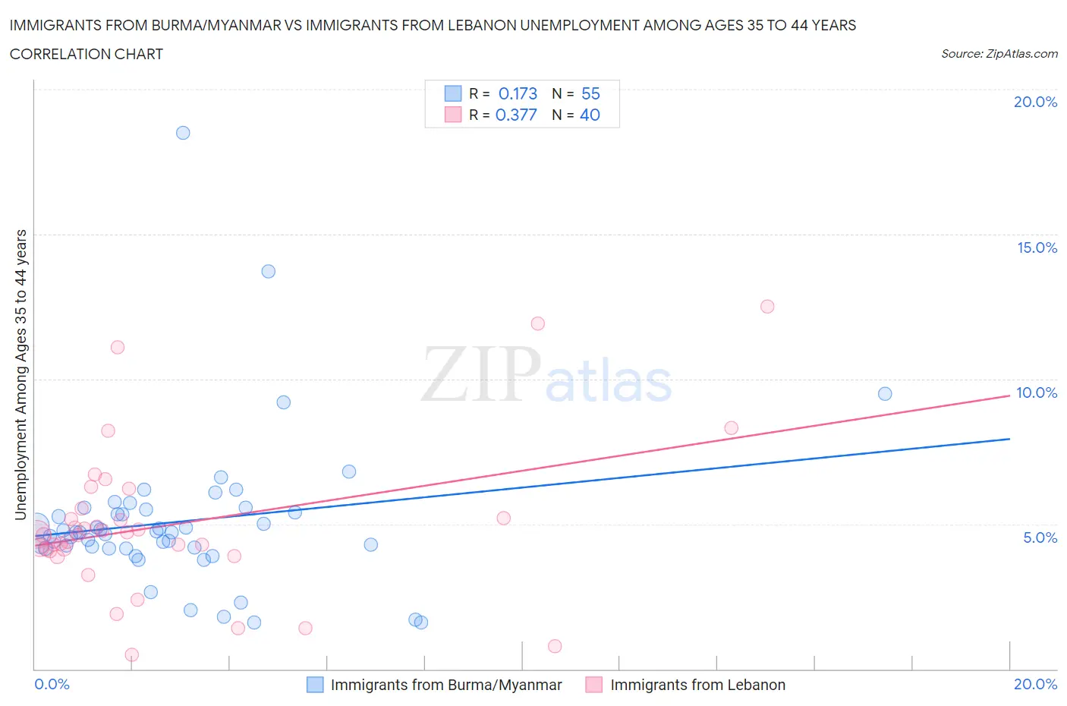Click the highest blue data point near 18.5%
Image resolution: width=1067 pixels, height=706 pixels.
click(x=183, y=133)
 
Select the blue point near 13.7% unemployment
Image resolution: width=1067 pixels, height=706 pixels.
click(x=268, y=271)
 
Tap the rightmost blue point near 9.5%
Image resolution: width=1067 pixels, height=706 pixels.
click(x=885, y=393)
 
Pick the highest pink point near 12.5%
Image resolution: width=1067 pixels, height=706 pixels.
click(x=767, y=307)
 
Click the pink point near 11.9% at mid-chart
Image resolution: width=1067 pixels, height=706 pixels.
click(x=538, y=323)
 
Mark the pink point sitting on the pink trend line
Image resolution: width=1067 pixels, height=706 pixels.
click(x=731, y=428)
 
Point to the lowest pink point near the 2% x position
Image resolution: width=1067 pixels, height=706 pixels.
click(x=131, y=654)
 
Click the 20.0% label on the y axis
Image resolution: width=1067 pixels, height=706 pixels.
click(x=1035, y=102)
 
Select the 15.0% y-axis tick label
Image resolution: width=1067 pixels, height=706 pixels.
click(x=1037, y=247)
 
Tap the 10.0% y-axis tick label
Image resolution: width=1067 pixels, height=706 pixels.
click(x=1037, y=392)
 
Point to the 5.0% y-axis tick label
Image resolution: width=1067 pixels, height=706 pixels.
click(x=1040, y=537)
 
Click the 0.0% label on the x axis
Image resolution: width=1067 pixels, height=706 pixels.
click(x=52, y=684)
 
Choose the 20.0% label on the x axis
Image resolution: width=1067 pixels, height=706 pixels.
click(x=1035, y=684)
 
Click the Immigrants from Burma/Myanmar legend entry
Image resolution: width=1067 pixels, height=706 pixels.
click(x=445, y=685)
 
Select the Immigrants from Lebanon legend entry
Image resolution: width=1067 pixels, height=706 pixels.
click(x=697, y=685)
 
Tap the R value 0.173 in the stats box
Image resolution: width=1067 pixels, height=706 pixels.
click(x=518, y=93)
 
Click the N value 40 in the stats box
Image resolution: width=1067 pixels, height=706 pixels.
click(x=590, y=115)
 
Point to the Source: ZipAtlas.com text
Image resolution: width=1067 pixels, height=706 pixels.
click(x=999, y=54)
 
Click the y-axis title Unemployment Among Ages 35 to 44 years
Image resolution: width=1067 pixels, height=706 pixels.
click(x=20, y=374)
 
